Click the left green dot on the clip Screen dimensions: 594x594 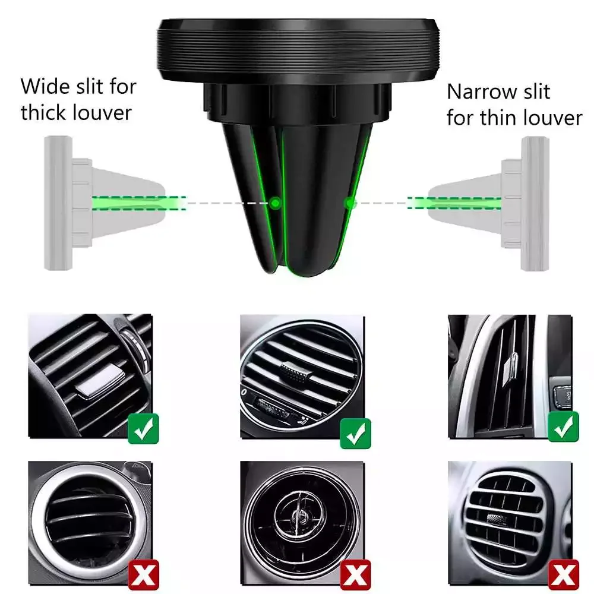pos(274,203)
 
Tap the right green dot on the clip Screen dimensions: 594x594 pos(350,203)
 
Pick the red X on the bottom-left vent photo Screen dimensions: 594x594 pos(143,574)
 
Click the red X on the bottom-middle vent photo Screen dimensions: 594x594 pos(355,574)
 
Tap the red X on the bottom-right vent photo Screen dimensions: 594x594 pos(563,574)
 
